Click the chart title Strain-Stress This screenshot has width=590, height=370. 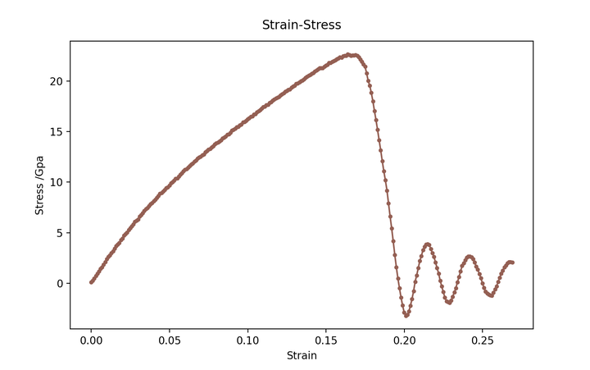301,25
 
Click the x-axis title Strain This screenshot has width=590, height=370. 301,356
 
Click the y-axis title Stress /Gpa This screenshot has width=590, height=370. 39,185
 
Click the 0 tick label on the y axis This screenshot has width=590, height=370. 58,284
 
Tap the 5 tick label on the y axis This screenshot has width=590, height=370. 58,233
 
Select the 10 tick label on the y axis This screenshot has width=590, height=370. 56,182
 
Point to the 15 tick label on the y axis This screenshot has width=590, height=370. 56,132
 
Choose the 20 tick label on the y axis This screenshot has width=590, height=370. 56,81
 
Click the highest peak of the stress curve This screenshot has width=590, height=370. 348,54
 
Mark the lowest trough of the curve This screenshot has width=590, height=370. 406,315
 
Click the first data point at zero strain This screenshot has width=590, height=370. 91,282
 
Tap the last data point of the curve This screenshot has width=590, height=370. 512,263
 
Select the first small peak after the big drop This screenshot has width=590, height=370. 427,244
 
